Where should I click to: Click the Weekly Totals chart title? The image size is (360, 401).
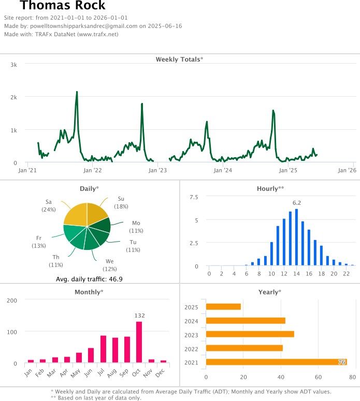click(179, 60)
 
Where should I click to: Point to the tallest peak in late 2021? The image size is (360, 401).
click(77, 93)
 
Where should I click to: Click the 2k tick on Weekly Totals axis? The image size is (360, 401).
click(14, 97)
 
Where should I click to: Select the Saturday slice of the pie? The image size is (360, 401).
click(76, 215)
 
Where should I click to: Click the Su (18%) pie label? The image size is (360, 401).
click(121, 202)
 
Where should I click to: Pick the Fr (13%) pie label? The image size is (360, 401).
click(39, 242)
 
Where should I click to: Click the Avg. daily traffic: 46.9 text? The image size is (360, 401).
click(89, 279)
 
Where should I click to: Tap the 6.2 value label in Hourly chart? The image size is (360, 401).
click(297, 202)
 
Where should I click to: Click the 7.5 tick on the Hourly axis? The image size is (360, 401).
click(194, 197)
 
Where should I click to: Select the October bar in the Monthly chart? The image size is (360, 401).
click(139, 342)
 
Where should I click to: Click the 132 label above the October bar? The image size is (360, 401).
click(139, 315)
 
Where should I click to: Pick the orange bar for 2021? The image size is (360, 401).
click(276, 362)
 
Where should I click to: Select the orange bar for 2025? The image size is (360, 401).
click(223, 307)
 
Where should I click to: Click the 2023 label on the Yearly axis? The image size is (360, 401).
click(192, 335)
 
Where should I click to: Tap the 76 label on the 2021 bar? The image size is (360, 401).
click(342, 362)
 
